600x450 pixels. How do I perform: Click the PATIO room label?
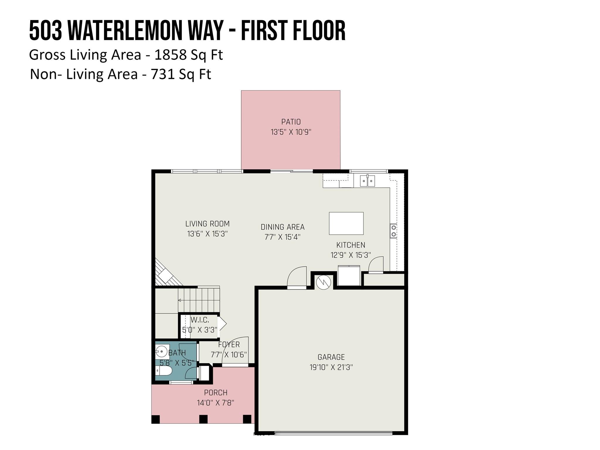(291, 122)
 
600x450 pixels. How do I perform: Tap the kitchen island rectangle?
(346, 223)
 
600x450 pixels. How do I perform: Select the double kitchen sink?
(367, 180)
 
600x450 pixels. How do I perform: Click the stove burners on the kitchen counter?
(393, 231)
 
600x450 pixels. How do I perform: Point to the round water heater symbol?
(323, 282)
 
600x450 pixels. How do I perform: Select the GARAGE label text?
(331, 357)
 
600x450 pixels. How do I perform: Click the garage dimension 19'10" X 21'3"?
(331, 367)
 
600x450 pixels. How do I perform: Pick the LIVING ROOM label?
(207, 224)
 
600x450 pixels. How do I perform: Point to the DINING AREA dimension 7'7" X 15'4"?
(282, 237)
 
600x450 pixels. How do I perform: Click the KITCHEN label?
(351, 245)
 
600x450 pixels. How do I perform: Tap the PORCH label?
(216, 393)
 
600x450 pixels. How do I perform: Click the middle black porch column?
(203, 419)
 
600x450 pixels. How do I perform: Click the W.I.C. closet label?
(200, 320)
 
